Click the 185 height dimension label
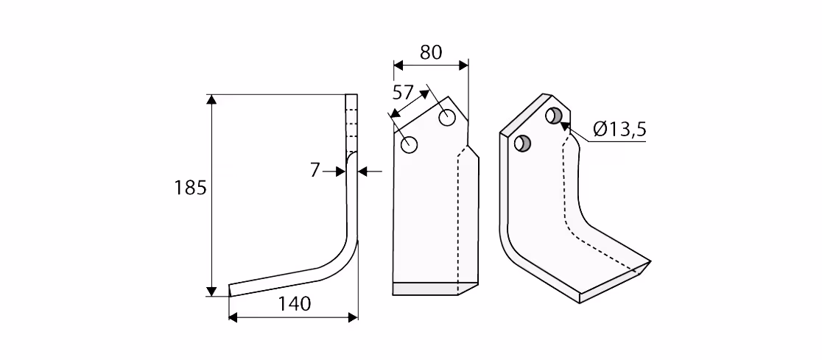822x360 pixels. click(190, 188)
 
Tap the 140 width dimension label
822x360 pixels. click(295, 303)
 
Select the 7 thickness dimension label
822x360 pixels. click(315, 170)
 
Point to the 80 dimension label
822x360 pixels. click(431, 52)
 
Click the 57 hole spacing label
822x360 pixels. click(403, 93)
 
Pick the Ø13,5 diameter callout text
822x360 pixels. click(619, 129)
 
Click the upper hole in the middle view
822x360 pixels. click(446, 118)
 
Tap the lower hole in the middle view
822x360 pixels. click(410, 144)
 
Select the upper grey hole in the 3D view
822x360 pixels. click(554, 116)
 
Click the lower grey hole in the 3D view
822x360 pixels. click(523, 143)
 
